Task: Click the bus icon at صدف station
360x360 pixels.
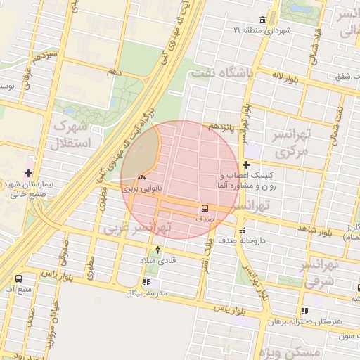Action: [x=205, y=209]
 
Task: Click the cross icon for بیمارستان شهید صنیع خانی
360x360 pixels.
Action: [x=28, y=173]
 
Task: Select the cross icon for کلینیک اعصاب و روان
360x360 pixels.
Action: [x=246, y=164]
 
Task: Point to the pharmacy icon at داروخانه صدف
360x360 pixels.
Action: [x=243, y=231]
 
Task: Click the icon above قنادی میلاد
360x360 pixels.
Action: [x=157, y=249]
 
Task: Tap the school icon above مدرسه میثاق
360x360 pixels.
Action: [x=146, y=282]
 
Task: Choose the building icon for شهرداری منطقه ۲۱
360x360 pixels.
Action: [x=262, y=19]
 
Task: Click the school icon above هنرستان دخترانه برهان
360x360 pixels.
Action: [x=304, y=310]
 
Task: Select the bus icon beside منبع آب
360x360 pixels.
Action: [x=18, y=278]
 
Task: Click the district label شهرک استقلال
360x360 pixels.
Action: [x=71, y=135]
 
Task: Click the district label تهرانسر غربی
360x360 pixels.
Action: [x=137, y=229]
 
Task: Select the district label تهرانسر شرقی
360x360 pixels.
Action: [x=319, y=271]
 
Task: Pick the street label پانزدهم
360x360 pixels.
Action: [x=223, y=127]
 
